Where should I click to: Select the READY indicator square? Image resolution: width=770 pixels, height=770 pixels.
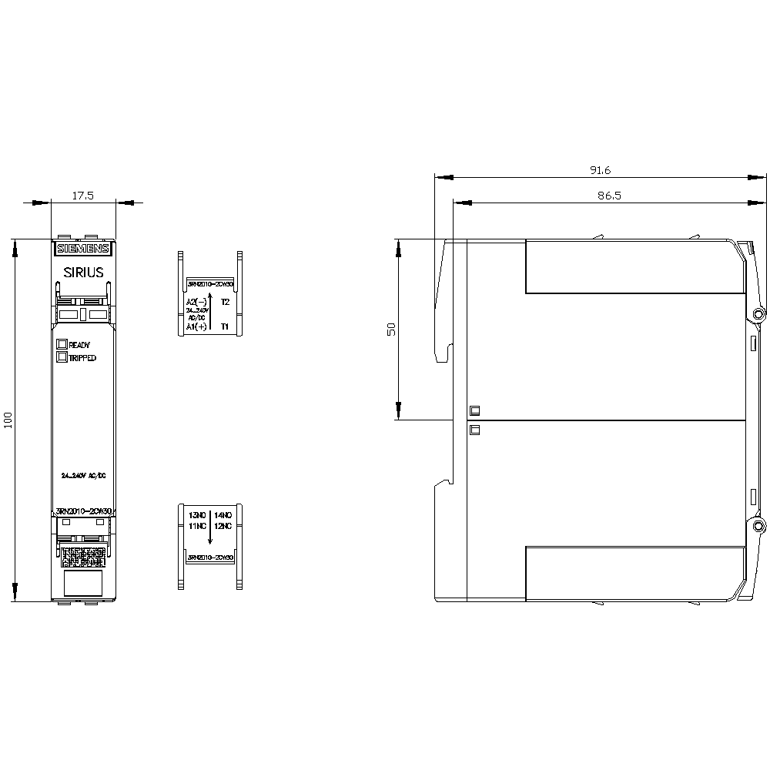pyautogui.click(x=62, y=344)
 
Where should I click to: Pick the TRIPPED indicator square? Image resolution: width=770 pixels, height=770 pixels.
pyautogui.click(x=62, y=357)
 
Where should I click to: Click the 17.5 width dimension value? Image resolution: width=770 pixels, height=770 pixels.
pyautogui.click(x=83, y=196)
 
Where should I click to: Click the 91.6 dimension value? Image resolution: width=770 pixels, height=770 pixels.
pyautogui.click(x=599, y=170)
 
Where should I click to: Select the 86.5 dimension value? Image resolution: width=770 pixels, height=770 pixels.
pyautogui.click(x=609, y=196)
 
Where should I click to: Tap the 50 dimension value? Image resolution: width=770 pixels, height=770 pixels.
pyautogui.click(x=390, y=329)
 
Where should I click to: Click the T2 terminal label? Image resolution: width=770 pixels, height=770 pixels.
pyautogui.click(x=225, y=302)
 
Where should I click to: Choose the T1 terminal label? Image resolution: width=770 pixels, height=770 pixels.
pyautogui.click(x=225, y=327)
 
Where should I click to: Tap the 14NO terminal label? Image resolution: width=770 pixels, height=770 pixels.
pyautogui.click(x=223, y=514)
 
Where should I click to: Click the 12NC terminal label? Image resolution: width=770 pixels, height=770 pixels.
pyautogui.click(x=223, y=526)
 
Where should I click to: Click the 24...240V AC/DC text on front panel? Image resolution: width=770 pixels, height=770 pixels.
pyautogui.click(x=83, y=475)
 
